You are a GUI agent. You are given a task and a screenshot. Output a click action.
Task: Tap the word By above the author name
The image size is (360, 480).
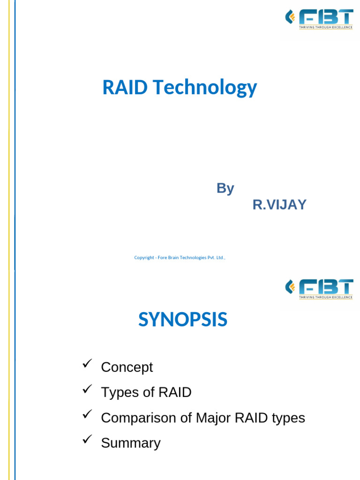pyautogui.click(x=225, y=188)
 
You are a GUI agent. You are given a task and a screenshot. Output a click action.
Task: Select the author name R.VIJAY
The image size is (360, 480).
pyautogui.click(x=279, y=205)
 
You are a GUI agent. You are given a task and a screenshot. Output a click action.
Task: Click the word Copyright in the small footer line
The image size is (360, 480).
pyautogui.click(x=144, y=257)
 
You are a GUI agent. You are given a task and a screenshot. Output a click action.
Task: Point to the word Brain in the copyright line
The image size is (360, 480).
pyautogui.click(x=172, y=257)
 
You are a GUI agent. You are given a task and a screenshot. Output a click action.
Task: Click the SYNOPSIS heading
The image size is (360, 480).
pyautogui.click(x=183, y=320)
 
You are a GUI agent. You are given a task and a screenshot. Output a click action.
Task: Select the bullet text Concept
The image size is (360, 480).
pyautogui.click(x=127, y=367)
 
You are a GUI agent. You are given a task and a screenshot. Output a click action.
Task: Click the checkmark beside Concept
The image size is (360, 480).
pyautogui.click(x=87, y=364)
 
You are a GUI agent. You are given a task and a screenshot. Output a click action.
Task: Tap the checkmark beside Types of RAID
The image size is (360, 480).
pyautogui.click(x=87, y=390)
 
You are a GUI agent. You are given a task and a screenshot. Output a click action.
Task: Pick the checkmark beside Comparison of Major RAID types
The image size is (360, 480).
pyautogui.click(x=87, y=415)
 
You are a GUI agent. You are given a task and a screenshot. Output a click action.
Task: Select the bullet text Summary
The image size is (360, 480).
pyautogui.click(x=131, y=443)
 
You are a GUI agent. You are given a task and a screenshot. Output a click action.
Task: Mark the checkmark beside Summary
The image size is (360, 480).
pyautogui.click(x=87, y=440)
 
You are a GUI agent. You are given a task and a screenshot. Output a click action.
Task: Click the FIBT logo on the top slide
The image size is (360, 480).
pyautogui.click(x=319, y=19)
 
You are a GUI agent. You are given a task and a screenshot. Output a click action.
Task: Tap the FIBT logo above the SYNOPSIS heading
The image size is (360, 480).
pyautogui.click(x=319, y=288)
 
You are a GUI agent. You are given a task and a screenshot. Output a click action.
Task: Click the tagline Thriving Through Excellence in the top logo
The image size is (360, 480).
pyautogui.click(x=325, y=28)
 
